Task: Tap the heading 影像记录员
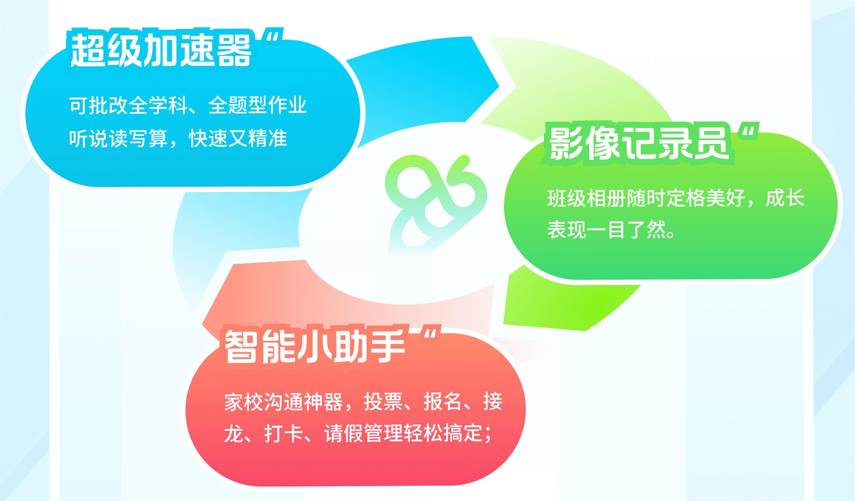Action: pyautogui.click(x=639, y=143)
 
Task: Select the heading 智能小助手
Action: pyautogui.click(x=315, y=346)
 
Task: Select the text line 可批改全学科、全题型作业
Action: pyautogui.click(x=188, y=105)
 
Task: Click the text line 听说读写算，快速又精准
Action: pyautogui.click(x=178, y=139)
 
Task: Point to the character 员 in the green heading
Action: pyautogui.click(x=711, y=143)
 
